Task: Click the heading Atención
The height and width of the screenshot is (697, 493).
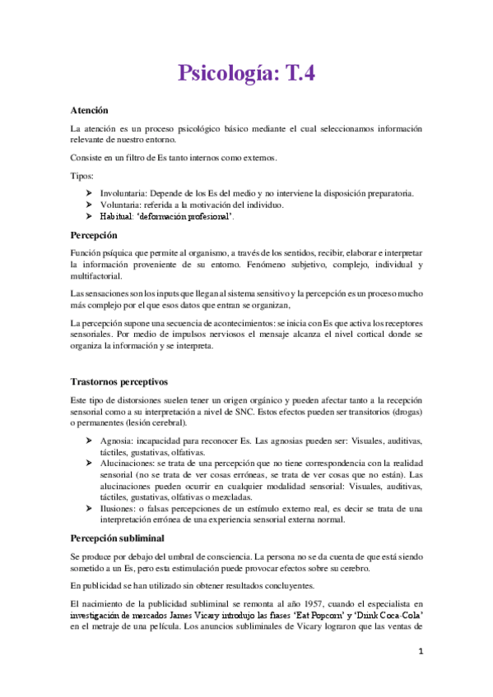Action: click(x=90, y=110)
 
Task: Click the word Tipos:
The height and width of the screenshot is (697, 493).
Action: click(x=82, y=177)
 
